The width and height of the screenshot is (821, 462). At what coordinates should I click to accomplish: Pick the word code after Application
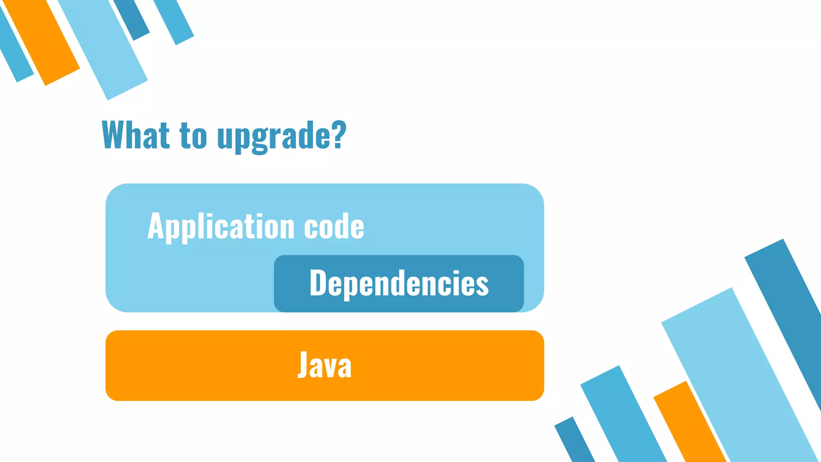pyautogui.click(x=334, y=227)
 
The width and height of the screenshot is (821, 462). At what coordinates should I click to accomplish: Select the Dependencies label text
pyautogui.click(x=399, y=284)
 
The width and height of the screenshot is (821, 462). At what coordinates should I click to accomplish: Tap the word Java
pyautogui.click(x=324, y=365)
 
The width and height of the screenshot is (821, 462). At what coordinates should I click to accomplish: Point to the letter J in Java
pyautogui.click(x=303, y=365)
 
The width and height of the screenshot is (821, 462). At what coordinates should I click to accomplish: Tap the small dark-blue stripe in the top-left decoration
pyautogui.click(x=132, y=18)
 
